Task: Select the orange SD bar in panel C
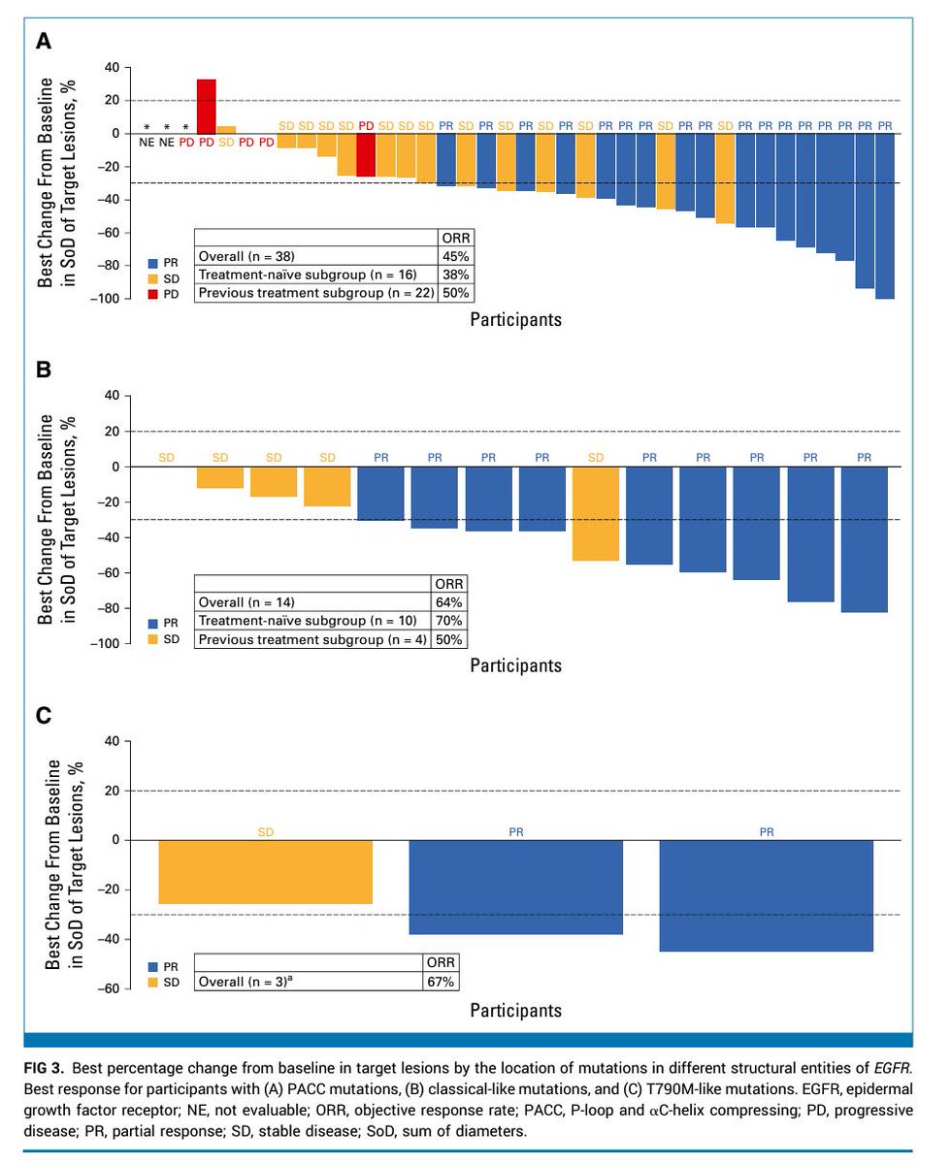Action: pyautogui.click(x=266, y=872)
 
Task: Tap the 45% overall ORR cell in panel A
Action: pyautogui.click(x=455, y=256)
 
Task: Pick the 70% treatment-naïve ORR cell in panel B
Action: pyautogui.click(x=450, y=621)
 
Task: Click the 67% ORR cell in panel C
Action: pyautogui.click(x=442, y=981)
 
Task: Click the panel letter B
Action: pyautogui.click(x=43, y=370)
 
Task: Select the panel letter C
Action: pyautogui.click(x=43, y=716)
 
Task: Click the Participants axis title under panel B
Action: pyautogui.click(x=515, y=665)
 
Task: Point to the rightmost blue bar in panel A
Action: pyautogui.click(x=885, y=215)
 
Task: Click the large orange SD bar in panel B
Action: pyautogui.click(x=596, y=513)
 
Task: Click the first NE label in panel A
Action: pyautogui.click(x=147, y=142)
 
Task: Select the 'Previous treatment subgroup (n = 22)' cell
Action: pyautogui.click(x=315, y=292)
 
